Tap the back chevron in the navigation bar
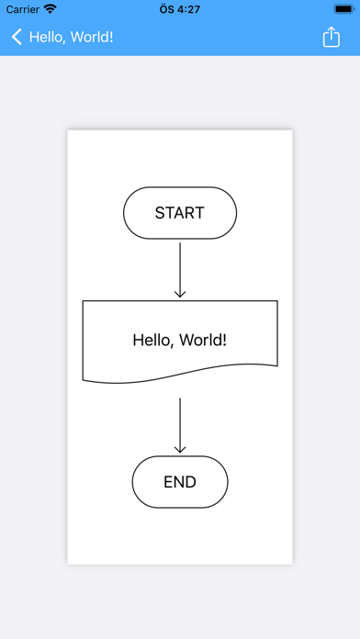pyautogui.click(x=17, y=38)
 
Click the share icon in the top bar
pyautogui.click(x=331, y=38)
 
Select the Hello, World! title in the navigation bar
pyautogui.click(x=72, y=38)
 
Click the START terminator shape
pyautogui.click(x=180, y=213)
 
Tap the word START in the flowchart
pyautogui.click(x=180, y=213)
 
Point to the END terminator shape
pyautogui.click(x=180, y=482)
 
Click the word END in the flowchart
pyautogui.click(x=180, y=482)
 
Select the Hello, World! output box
pyautogui.click(x=180, y=340)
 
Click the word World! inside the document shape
pyautogui.click(x=203, y=340)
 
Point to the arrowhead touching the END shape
pyautogui.click(x=180, y=449)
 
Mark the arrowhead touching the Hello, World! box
pyautogui.click(x=180, y=293)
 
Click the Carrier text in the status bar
pyautogui.click(x=22, y=8)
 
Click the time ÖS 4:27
pyautogui.click(x=180, y=8)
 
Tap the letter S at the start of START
pyautogui.click(x=160, y=213)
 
